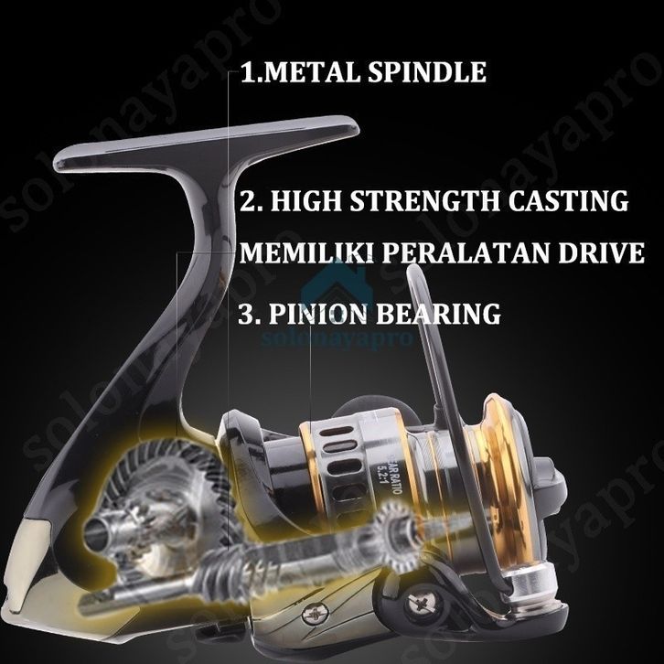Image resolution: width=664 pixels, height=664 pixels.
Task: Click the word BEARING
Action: (444, 313)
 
